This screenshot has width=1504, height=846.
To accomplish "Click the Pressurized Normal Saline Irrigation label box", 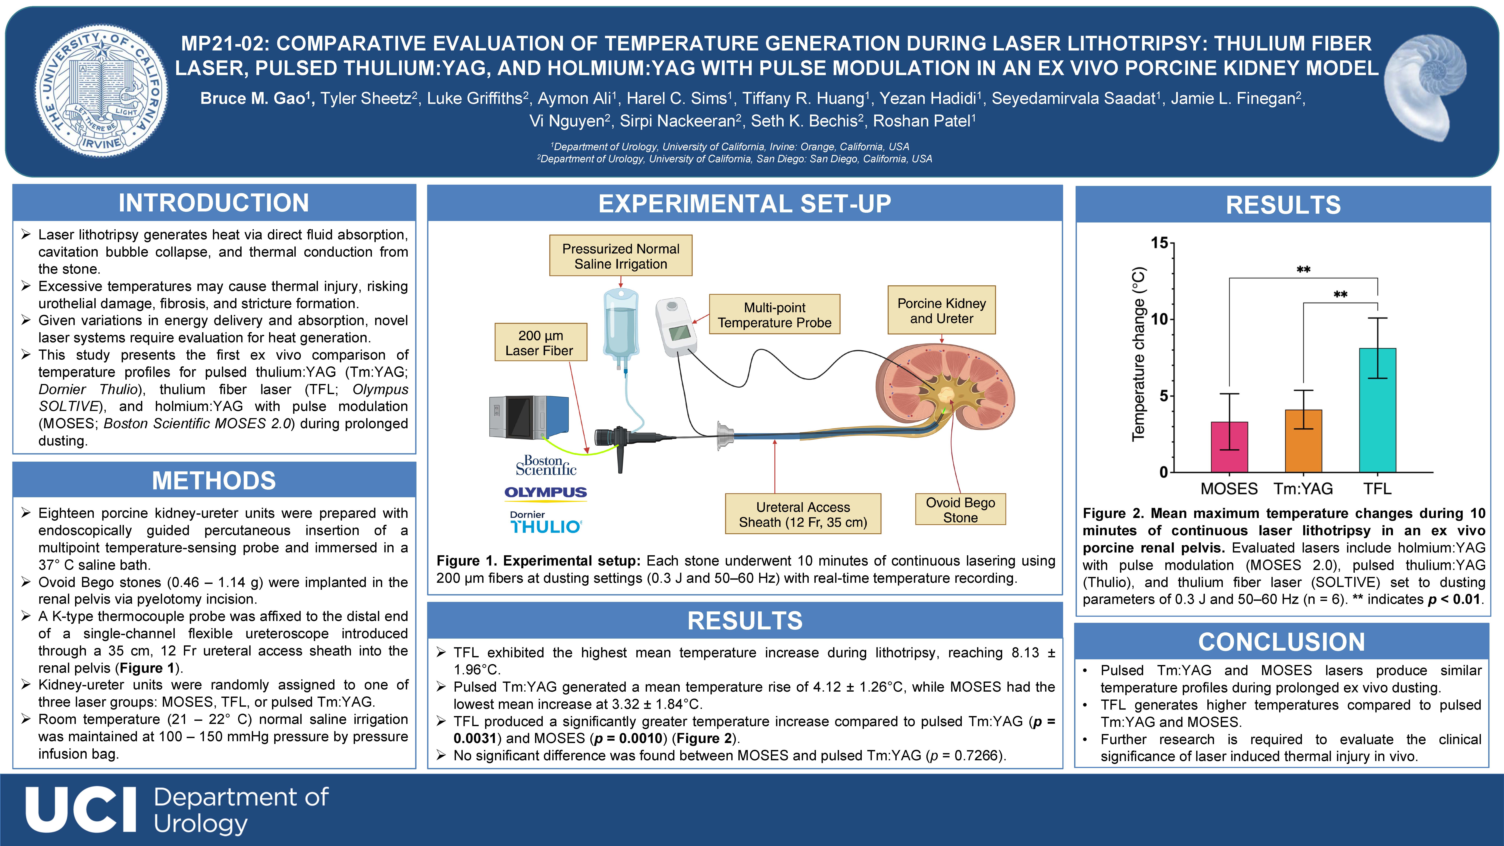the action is pos(621,256).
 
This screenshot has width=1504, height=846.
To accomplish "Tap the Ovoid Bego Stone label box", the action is pos(961,510).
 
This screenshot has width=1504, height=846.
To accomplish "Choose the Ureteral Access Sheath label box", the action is pos(803,514).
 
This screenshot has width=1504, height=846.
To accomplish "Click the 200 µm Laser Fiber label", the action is pos(541,343).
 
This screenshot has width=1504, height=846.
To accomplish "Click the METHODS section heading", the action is pos(214,481).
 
